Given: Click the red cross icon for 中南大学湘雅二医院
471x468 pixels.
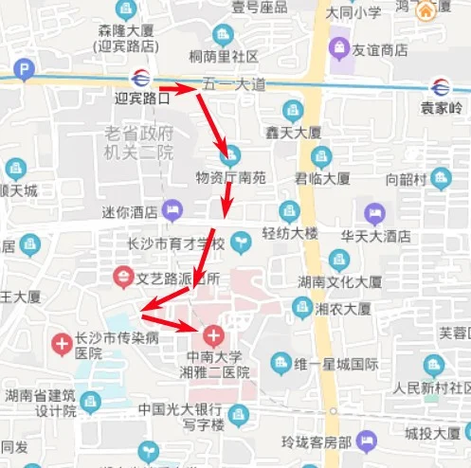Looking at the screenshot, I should click(x=211, y=334).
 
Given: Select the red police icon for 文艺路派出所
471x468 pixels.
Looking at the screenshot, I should click(x=122, y=279).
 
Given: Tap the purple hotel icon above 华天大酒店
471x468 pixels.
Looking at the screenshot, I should click(x=374, y=213).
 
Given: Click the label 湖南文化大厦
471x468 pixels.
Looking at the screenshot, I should click(x=339, y=282).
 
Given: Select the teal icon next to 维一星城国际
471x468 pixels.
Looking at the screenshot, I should click(x=281, y=363).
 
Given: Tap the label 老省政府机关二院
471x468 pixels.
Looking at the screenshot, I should click(x=139, y=142).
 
